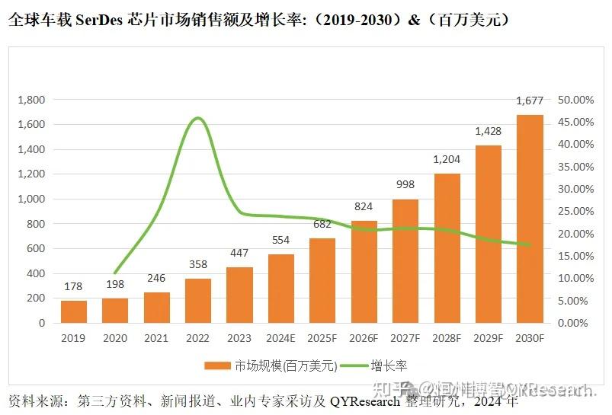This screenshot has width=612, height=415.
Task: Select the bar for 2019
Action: (73, 311)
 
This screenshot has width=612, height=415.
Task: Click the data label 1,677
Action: (530, 101)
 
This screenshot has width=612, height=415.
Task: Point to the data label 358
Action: (198, 264)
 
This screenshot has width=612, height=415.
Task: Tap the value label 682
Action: (322, 224)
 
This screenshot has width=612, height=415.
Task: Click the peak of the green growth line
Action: (198, 118)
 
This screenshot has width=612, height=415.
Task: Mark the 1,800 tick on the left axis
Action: (31, 100)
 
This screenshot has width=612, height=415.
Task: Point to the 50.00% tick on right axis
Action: (575, 100)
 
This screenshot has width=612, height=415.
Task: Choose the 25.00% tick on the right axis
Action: (575, 211)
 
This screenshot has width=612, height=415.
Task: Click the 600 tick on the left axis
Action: (36, 248)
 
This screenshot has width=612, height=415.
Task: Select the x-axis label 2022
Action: (198, 337)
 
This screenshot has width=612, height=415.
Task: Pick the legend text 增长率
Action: (388, 366)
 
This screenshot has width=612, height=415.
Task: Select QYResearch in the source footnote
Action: (364, 401)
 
